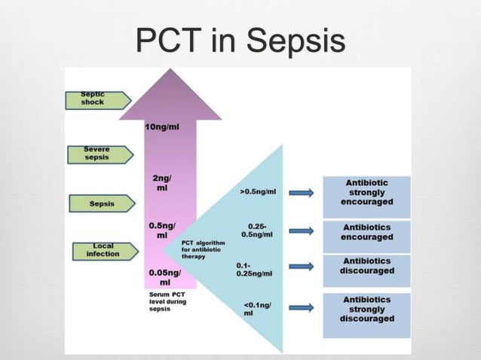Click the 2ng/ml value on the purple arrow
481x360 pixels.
[x=162, y=182]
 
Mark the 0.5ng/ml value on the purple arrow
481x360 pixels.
[x=162, y=230]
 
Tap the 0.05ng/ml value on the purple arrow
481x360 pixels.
[x=164, y=276]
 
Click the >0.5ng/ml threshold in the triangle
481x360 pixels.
[x=258, y=192]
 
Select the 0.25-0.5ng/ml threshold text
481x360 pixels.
[x=256, y=230]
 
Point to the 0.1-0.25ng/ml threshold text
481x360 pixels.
[x=254, y=269]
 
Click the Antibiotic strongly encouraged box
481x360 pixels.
[x=366, y=192]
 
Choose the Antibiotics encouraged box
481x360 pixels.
[x=366, y=232]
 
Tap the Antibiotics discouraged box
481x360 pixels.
[x=366, y=266]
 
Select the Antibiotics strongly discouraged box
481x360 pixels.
[x=366, y=309]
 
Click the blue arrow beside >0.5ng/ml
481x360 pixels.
[x=301, y=193]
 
